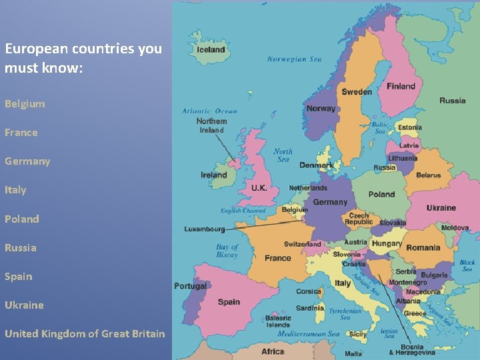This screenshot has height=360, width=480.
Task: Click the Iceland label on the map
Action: (x=211, y=49)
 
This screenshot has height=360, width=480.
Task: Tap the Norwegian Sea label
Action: (x=294, y=59)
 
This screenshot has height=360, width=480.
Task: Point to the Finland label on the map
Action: (x=401, y=86)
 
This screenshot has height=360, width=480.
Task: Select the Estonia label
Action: (x=409, y=127)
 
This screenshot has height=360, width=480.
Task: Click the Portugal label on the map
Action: (x=190, y=286)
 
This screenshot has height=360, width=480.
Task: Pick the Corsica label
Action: (x=309, y=291)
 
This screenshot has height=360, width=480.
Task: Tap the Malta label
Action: (x=353, y=353)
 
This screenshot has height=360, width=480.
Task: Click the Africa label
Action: (x=273, y=351)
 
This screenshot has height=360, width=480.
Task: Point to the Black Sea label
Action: (x=467, y=265)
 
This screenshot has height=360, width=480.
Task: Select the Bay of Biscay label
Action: (x=227, y=251)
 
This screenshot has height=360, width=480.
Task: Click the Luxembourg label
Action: (x=205, y=229)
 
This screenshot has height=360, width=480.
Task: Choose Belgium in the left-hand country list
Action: (x=25, y=104)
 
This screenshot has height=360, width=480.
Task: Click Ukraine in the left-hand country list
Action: (x=24, y=305)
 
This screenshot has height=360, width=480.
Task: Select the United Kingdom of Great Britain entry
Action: (x=85, y=334)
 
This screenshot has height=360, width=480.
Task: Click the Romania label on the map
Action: (x=423, y=247)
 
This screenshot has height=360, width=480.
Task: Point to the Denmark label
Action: (x=316, y=165)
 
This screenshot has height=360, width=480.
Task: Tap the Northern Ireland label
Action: (x=211, y=125)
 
